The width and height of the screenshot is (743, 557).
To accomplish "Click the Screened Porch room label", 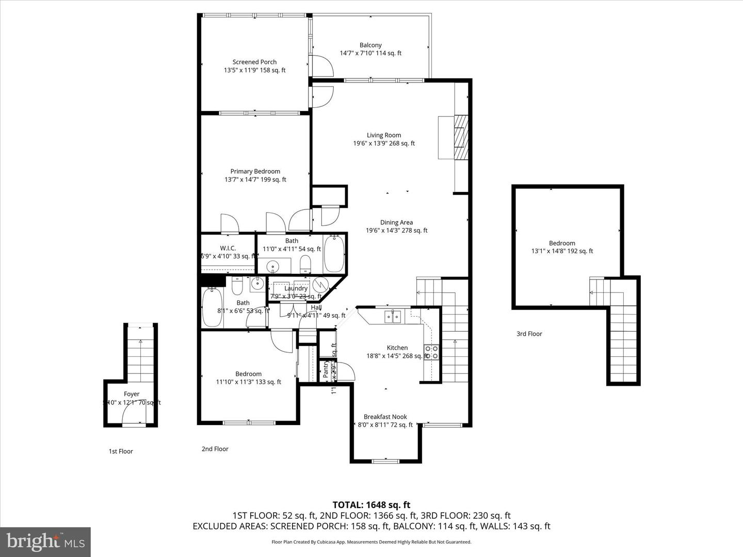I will (x=254, y=62).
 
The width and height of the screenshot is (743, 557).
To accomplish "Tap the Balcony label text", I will (x=370, y=45).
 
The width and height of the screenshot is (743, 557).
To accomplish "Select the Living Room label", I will (x=384, y=135).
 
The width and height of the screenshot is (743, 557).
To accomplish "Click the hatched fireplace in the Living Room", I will (x=460, y=137).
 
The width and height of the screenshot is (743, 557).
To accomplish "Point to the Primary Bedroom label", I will (x=255, y=171).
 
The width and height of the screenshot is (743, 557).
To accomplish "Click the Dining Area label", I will (x=396, y=223).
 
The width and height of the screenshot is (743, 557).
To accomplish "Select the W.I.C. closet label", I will (x=228, y=248).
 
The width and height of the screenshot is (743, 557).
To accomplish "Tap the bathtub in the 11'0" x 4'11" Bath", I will (x=334, y=253).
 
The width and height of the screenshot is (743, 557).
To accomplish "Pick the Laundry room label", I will (x=296, y=288).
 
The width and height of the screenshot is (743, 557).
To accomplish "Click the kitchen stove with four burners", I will (x=431, y=352).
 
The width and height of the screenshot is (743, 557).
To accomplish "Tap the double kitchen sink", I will (x=393, y=316).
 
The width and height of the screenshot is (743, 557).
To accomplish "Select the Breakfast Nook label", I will (x=385, y=417).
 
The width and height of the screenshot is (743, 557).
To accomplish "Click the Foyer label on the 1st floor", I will (x=132, y=394).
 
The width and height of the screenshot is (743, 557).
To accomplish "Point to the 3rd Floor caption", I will (x=529, y=334).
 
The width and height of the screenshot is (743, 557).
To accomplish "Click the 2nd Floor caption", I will (x=215, y=449).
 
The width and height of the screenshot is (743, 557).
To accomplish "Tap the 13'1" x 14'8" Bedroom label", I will (x=562, y=243).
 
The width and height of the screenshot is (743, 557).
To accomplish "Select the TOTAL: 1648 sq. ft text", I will (x=371, y=505).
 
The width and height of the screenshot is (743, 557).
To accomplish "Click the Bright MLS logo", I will (x=45, y=542).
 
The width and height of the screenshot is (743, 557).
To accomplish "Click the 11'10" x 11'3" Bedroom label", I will (x=248, y=374).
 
